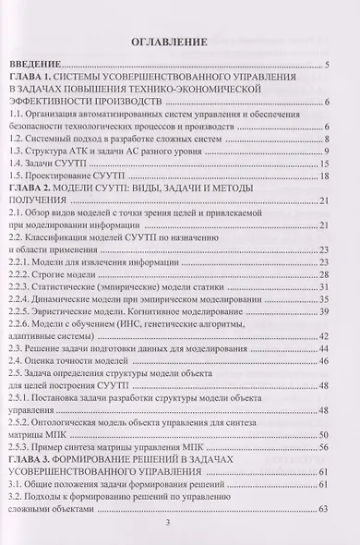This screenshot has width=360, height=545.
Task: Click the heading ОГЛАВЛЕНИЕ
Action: coord(182,42)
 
